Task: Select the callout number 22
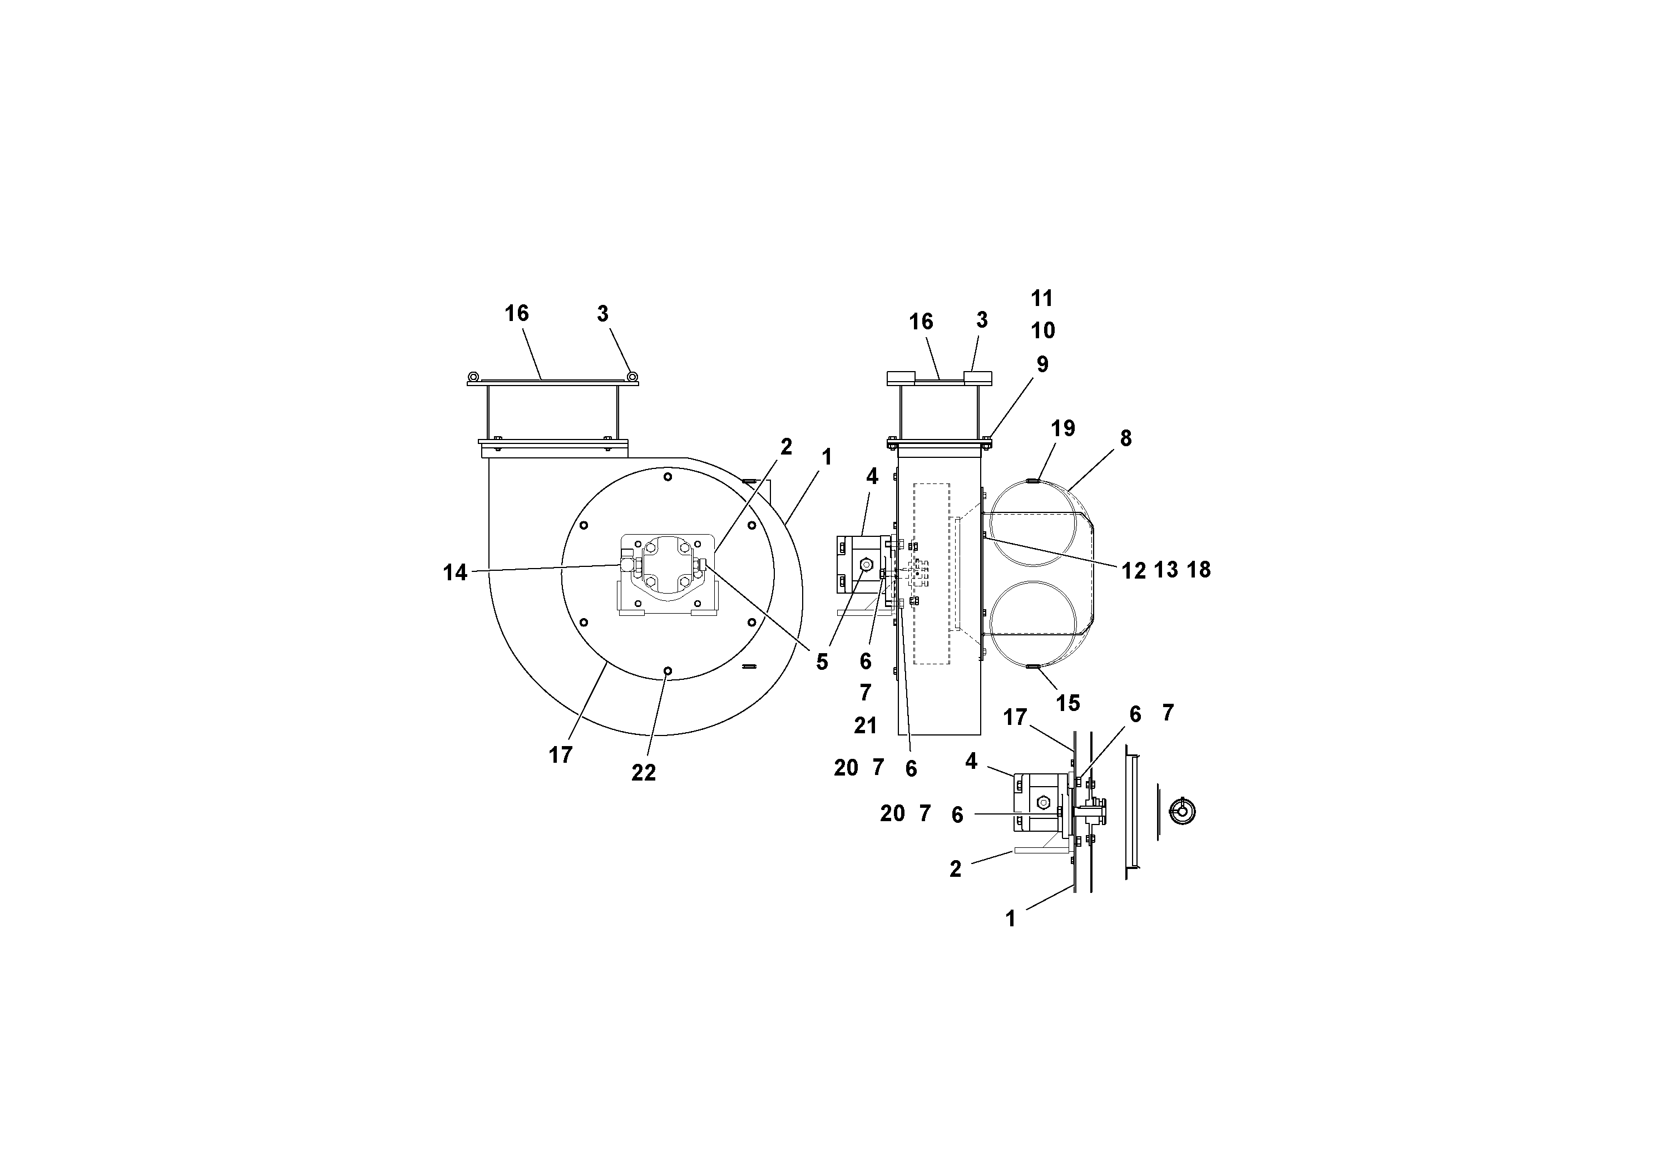pos(644,773)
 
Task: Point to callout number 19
pos(1062,428)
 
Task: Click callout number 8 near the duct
pos(1125,438)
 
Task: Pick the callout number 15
pos(1067,703)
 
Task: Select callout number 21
pos(866,725)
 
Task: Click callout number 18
pos(1198,570)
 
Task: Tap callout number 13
pos(1165,570)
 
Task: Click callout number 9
pos(1042,364)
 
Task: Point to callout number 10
pos(1042,330)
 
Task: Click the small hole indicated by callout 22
pos(668,671)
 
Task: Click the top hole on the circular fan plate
pos(668,476)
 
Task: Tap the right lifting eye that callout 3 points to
pos(632,376)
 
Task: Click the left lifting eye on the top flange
pos(473,376)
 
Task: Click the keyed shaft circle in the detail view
pos(1182,812)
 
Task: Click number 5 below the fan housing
pos(822,662)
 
